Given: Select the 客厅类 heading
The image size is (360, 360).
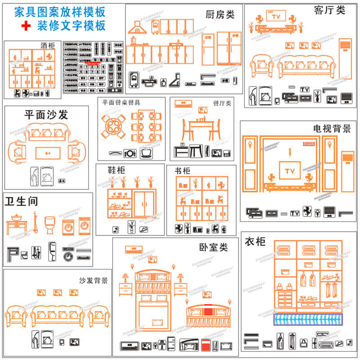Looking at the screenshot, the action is coord(329,9).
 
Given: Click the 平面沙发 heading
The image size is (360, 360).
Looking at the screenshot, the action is coord(46,115).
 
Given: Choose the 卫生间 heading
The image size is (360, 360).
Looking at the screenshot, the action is coord(21,200).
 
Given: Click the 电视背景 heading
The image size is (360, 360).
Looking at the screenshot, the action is coord(332,129).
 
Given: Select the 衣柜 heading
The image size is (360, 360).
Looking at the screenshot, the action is coord(255,243).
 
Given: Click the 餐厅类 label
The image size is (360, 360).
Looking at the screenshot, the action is coord(222,103).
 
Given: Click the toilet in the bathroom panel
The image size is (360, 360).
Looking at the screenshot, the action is coord(50,224).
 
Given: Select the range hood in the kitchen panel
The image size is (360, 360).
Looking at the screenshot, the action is coord(135,28).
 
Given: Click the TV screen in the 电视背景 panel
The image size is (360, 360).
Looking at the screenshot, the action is coord(288,171).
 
